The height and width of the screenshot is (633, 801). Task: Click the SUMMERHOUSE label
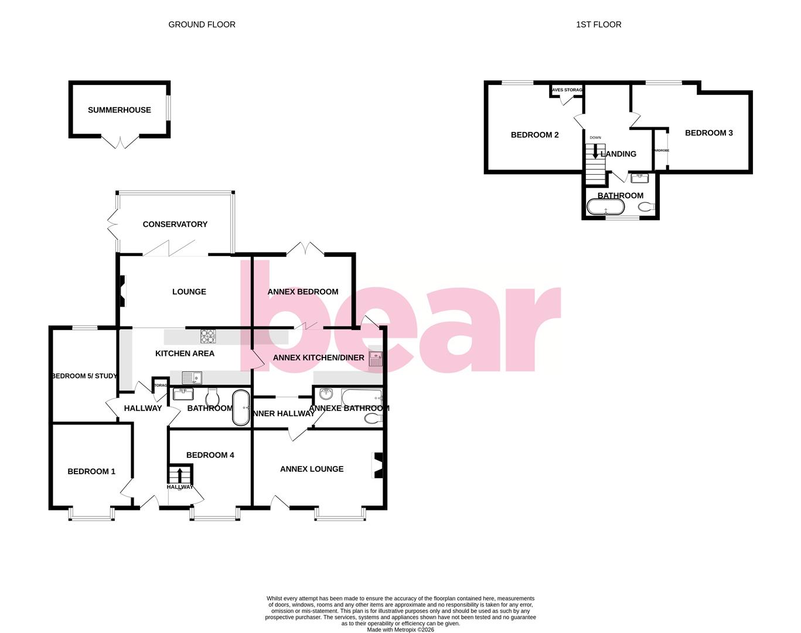pyautogui.click(x=120, y=110)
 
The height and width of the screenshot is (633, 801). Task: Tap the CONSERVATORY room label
pyautogui.click(x=175, y=224)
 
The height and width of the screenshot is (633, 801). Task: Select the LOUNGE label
pyautogui.click(x=189, y=292)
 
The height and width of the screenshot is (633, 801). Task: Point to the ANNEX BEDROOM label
pyautogui.click(x=303, y=292)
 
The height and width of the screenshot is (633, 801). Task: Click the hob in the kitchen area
pyautogui.click(x=209, y=336)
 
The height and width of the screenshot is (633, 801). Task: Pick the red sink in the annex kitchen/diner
pyautogui.click(x=375, y=360)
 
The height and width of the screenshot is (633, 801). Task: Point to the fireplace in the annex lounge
pyautogui.click(x=378, y=466)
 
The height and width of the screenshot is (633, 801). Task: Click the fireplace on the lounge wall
pyautogui.click(x=122, y=291)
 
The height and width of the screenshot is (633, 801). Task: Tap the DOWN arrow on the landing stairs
pyautogui.click(x=595, y=152)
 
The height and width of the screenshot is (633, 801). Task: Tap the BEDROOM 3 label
pyautogui.click(x=709, y=133)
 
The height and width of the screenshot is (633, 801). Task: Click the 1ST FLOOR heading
pyautogui.click(x=598, y=25)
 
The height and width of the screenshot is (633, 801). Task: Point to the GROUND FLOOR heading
pyautogui.click(x=202, y=25)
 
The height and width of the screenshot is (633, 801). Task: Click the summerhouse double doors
pyautogui.click(x=120, y=142)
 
